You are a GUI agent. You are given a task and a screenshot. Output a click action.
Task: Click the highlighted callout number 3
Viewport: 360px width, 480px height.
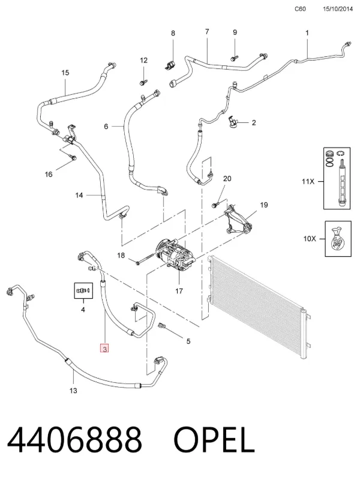[104, 349]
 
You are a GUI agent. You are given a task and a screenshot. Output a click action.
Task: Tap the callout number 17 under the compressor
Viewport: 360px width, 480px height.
[179, 291]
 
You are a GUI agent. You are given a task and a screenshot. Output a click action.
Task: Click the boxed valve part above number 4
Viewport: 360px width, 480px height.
[83, 290]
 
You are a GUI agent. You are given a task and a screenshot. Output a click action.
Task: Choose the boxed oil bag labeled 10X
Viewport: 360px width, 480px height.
[338, 239]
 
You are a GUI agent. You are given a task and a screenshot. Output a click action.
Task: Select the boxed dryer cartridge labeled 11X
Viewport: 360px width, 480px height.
[337, 178]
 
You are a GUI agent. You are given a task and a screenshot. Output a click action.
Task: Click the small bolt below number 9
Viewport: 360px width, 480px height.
[235, 58]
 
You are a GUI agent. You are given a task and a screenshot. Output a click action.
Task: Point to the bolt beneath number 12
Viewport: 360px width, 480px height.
[143, 82]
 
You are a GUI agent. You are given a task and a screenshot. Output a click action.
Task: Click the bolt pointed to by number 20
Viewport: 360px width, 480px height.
[215, 205]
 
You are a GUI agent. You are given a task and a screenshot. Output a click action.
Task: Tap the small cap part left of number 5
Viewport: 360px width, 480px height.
[162, 326]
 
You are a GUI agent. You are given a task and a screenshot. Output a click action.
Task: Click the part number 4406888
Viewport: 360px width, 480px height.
[74, 440]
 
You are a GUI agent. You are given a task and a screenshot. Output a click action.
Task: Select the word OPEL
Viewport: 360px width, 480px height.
[214, 440]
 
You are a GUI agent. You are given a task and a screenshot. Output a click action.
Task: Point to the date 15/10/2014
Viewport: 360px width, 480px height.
[338, 9]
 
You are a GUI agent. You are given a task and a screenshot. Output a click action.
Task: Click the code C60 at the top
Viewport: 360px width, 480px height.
[300, 9]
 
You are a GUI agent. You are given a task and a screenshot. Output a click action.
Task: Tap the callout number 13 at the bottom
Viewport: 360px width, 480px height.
[73, 391]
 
